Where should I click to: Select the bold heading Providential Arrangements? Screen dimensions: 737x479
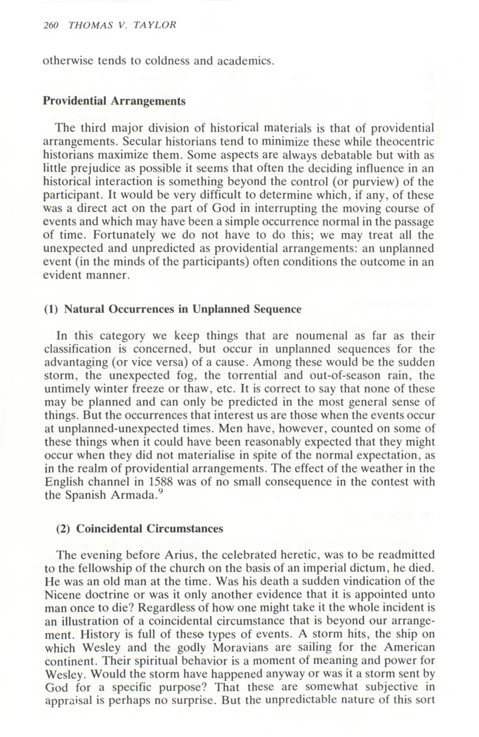click(114, 100)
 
